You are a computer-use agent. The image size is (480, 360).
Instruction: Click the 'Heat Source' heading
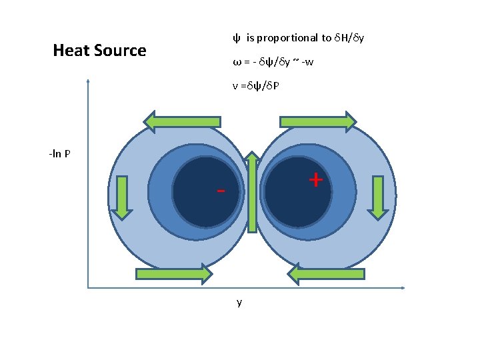pyautogui.click(x=99, y=51)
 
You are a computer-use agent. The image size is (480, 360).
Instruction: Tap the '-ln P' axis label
pyautogui.click(x=60, y=155)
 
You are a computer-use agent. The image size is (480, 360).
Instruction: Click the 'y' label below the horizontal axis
pyautogui.click(x=239, y=303)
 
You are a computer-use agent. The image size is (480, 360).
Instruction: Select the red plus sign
pyautogui.click(x=315, y=179)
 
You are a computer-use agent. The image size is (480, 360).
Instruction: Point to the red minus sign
pyautogui.click(x=221, y=191)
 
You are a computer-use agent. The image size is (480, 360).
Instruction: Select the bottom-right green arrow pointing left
pyautogui.click(x=327, y=273)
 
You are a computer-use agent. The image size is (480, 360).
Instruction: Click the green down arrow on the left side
pyautogui.click(x=121, y=197)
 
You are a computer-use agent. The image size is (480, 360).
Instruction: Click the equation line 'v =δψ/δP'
pyautogui.click(x=256, y=86)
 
